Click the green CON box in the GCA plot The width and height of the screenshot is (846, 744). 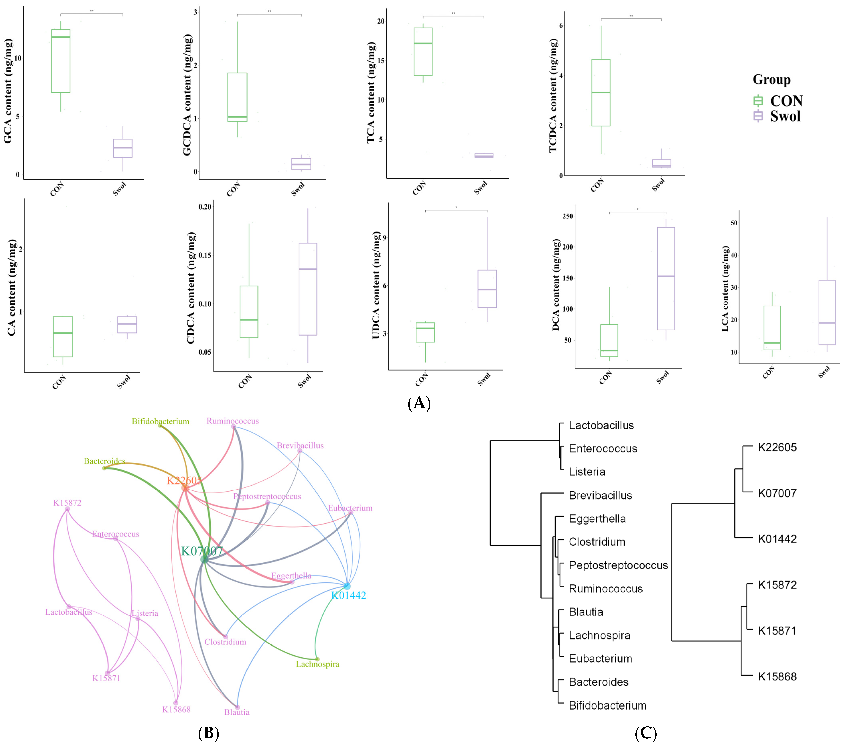60,61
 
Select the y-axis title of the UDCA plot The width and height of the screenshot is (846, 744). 376,285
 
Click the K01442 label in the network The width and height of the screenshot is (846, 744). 349,595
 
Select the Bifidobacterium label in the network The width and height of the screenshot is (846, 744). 161,421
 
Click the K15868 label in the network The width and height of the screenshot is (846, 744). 176,709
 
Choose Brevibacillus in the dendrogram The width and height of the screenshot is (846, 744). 600,495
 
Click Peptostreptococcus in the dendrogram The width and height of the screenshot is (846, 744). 618,565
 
